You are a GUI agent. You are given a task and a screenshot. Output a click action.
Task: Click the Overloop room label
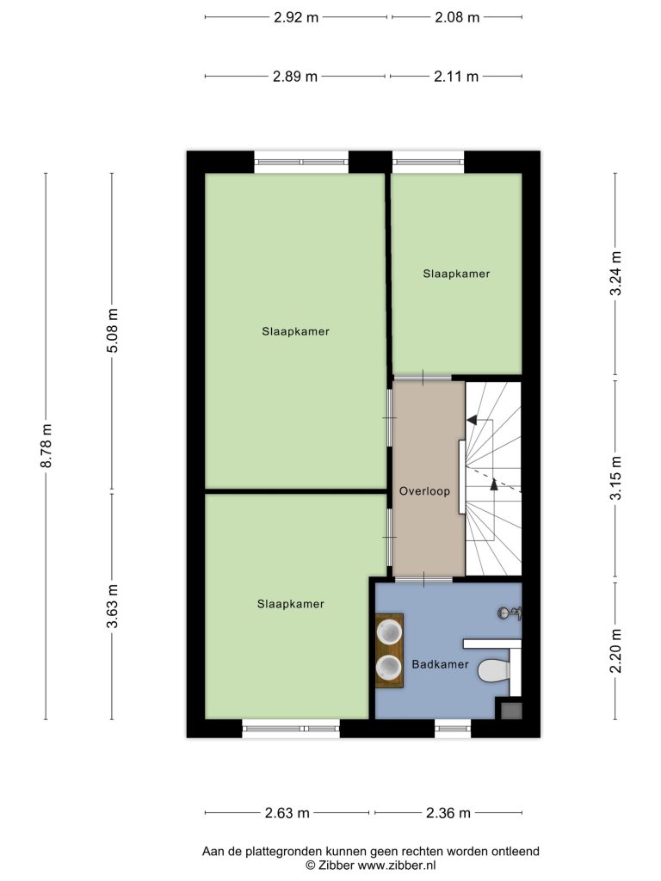[x=424, y=491]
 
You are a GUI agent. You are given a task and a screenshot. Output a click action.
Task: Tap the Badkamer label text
[x=440, y=664]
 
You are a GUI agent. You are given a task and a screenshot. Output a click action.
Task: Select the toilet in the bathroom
[x=494, y=669]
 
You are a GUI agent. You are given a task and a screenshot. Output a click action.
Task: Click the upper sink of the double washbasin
[x=389, y=631]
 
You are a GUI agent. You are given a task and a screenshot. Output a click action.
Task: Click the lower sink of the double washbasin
[x=389, y=667]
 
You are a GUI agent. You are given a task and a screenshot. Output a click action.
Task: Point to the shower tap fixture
[x=510, y=613]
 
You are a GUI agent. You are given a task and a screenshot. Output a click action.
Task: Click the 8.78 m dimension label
[x=47, y=445]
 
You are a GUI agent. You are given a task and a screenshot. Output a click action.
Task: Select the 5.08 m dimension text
[x=113, y=330]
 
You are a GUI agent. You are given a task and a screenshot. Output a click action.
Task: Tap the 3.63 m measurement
[x=113, y=606]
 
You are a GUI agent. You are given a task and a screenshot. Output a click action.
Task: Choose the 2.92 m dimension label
[x=296, y=17]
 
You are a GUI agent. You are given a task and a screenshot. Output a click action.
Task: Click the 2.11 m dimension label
[x=456, y=77]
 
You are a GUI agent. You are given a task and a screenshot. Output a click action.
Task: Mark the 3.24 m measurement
[x=616, y=273]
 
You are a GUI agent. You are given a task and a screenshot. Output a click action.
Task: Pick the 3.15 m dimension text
[x=616, y=477]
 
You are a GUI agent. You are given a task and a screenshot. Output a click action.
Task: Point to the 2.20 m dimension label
[x=616, y=650]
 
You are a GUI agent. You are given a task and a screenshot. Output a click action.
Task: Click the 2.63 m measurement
[x=287, y=813]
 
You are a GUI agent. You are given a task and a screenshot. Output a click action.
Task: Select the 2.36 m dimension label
[x=448, y=813]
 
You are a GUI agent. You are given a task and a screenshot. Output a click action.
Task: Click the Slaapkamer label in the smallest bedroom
[x=456, y=274]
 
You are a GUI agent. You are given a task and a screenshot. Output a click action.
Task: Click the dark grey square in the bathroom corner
[x=511, y=710]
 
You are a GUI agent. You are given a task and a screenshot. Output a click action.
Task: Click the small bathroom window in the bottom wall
[x=453, y=729]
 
